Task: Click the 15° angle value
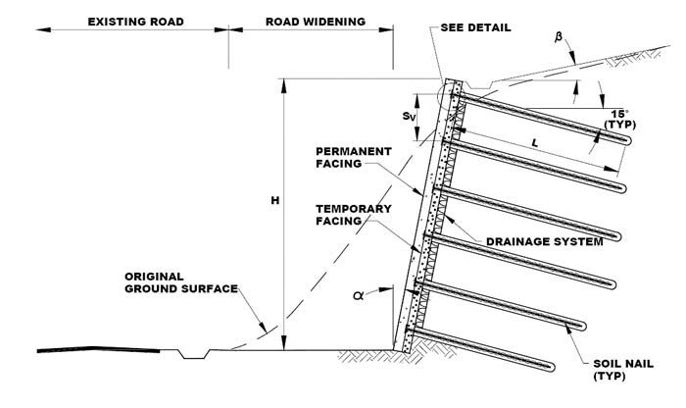[x=615, y=113]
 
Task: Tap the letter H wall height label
[x=277, y=201]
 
